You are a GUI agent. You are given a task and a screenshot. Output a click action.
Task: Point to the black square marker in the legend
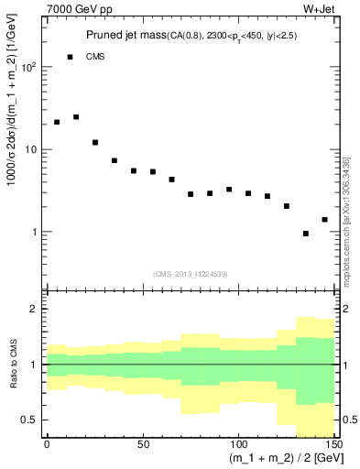[x=70, y=57]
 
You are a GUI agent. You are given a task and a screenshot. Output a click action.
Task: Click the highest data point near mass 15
[x=76, y=117]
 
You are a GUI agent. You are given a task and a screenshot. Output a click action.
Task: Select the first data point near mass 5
[x=57, y=122]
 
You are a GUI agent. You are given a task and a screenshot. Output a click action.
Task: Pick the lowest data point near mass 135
[x=306, y=234]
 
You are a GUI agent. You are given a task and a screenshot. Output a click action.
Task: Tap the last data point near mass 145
[x=324, y=220]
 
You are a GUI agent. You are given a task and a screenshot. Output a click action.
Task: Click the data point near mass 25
[x=95, y=142]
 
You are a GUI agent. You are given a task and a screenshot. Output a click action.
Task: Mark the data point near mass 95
[x=229, y=190]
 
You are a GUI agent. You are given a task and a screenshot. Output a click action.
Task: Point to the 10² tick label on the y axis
[x=27, y=68]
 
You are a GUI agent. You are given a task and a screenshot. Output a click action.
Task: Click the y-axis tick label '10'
[x=29, y=149]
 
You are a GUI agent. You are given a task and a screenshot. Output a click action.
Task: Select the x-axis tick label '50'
[x=143, y=444]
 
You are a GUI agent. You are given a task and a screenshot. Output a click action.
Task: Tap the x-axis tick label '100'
[x=238, y=444]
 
